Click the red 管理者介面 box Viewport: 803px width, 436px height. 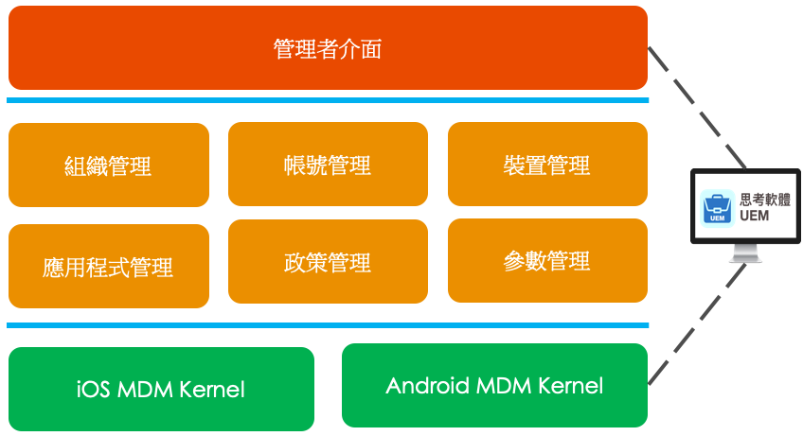click(328, 48)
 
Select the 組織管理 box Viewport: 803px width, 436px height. click(108, 166)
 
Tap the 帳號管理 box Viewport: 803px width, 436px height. click(328, 165)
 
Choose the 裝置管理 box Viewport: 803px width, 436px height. click(547, 165)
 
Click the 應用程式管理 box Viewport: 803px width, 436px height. click(108, 267)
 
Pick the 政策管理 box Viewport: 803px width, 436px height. click(328, 261)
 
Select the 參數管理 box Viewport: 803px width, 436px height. click(547, 260)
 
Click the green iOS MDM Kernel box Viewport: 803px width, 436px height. click(161, 389)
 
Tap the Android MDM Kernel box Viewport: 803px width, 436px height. click(494, 385)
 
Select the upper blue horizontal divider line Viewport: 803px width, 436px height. click(328, 99)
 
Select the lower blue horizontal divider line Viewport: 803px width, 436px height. click(328, 325)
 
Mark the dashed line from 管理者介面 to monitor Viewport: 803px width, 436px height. click(696, 107)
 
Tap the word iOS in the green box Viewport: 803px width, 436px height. click(94, 389)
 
